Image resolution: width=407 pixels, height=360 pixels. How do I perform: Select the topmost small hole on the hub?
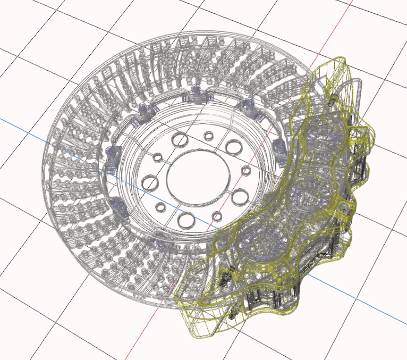[x=209, y=136]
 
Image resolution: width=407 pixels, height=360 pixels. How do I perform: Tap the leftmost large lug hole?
[x=150, y=183]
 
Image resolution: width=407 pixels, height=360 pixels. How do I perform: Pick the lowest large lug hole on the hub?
[x=186, y=219]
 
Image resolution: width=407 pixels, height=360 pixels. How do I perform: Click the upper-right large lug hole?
[x=233, y=146]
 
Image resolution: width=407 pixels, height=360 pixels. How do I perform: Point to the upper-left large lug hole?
[x=180, y=140]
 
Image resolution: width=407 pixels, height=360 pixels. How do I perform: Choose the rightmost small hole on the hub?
[x=245, y=171]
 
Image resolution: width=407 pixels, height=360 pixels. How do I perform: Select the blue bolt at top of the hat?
[x=196, y=94]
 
